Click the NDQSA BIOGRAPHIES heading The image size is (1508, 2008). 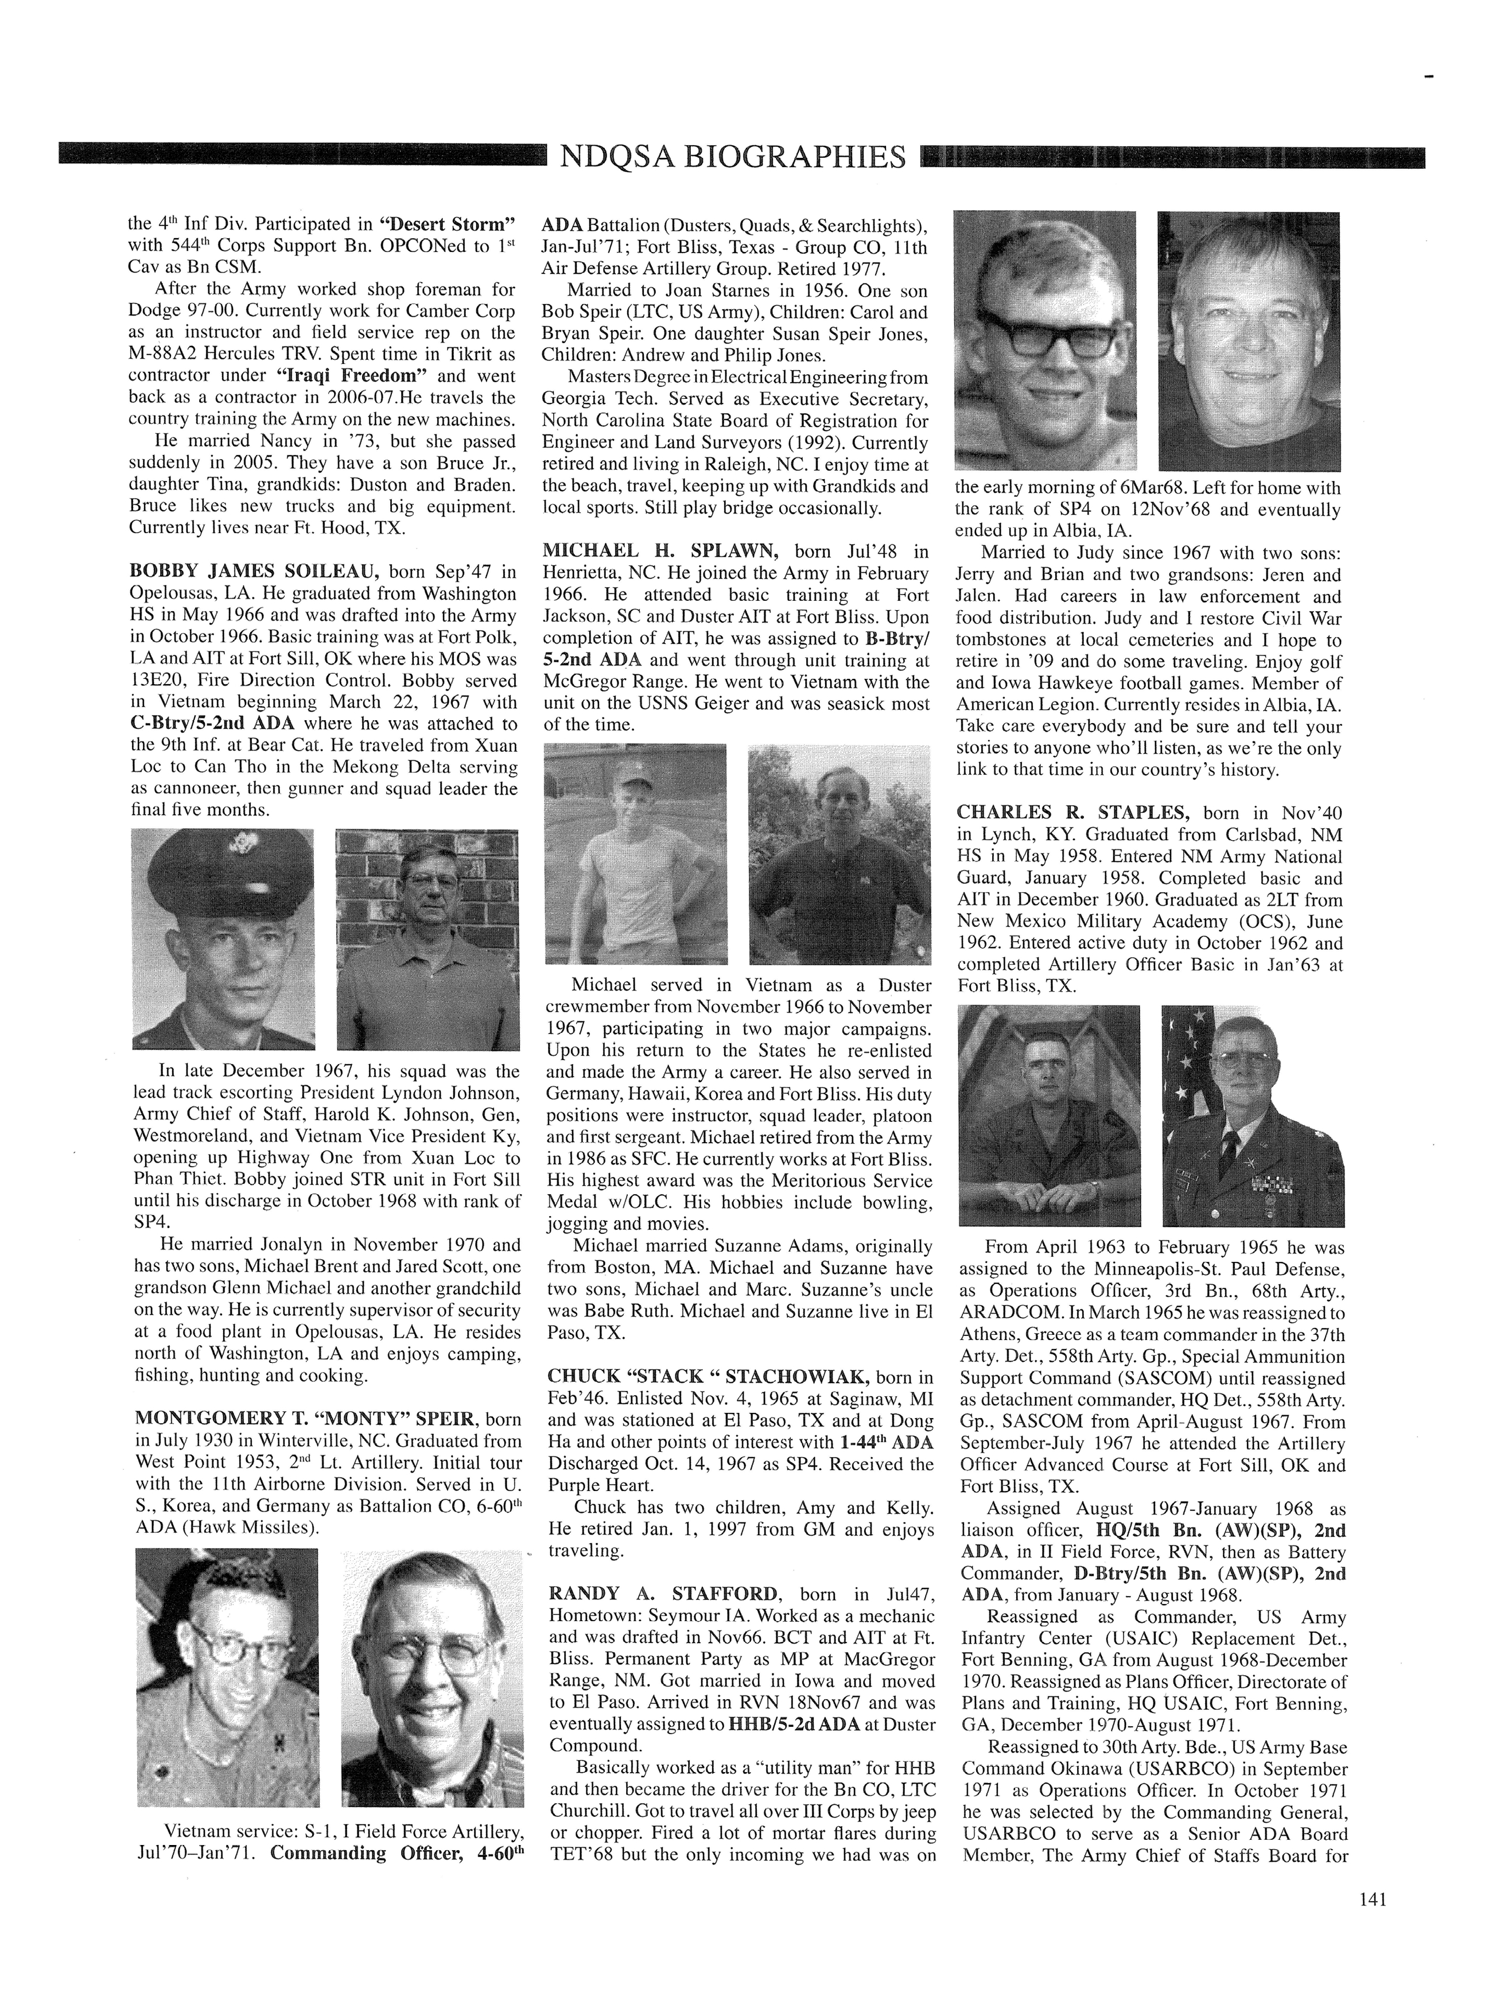coord(733,157)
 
